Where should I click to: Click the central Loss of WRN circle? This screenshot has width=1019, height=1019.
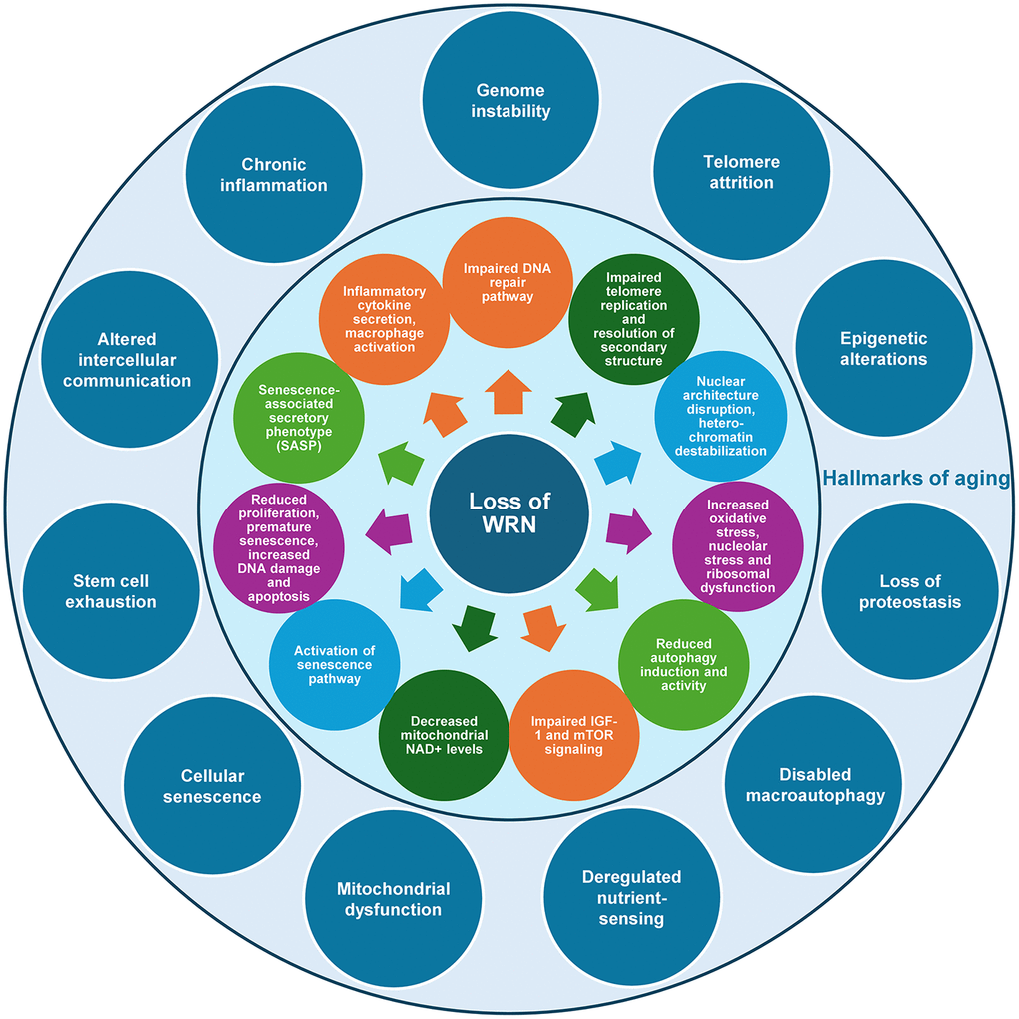[x=510, y=511]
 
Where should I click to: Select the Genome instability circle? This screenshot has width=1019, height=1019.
[x=512, y=100]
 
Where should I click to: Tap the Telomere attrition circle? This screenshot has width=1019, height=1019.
[x=741, y=171]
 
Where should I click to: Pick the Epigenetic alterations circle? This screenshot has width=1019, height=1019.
[x=884, y=348]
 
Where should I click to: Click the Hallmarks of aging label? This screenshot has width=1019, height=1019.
[x=915, y=479]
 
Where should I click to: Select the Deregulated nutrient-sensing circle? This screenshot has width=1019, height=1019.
[x=631, y=896]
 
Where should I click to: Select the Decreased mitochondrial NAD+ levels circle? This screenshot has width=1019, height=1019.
[x=443, y=735]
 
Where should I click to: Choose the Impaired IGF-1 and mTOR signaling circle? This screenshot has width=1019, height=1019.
[x=574, y=735]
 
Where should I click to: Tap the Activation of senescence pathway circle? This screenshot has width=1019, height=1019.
[x=334, y=665]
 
